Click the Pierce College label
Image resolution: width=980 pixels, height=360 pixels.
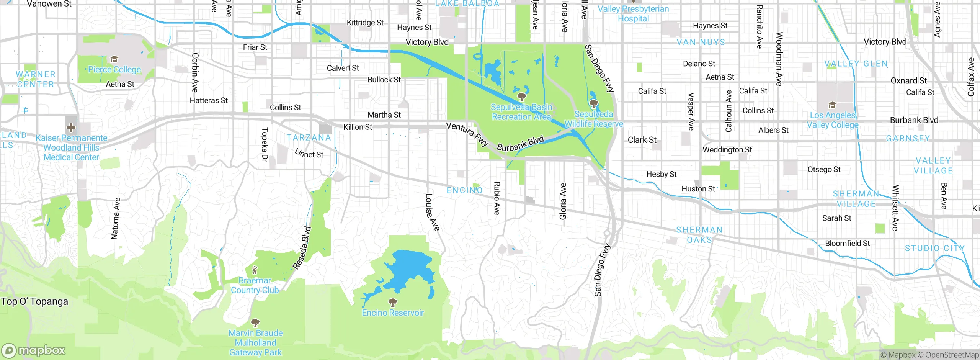(114, 69)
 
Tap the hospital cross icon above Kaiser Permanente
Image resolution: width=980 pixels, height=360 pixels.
(71, 127)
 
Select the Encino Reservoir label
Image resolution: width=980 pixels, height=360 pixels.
(393, 313)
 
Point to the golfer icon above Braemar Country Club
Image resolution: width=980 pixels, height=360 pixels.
(255, 270)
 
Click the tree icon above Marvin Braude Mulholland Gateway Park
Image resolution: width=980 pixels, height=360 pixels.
(255, 322)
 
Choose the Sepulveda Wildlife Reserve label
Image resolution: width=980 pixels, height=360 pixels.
(594, 119)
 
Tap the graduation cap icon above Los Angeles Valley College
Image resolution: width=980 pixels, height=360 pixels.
(832, 105)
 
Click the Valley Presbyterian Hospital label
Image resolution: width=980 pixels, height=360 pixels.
(633, 14)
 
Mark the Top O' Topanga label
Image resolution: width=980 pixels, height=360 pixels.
(34, 302)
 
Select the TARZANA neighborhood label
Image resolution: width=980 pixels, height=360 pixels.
(309, 137)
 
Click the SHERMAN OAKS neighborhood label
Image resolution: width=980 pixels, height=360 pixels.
(699, 235)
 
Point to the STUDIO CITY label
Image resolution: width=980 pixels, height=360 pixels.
(934, 248)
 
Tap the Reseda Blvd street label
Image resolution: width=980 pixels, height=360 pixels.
(302, 248)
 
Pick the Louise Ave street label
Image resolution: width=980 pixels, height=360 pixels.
(432, 212)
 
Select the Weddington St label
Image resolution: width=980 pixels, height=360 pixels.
(727, 150)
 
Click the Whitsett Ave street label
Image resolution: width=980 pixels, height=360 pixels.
(895, 208)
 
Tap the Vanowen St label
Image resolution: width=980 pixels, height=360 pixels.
(49, 4)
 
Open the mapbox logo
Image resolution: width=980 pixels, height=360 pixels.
(34, 350)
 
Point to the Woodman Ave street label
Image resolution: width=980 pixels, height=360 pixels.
(779, 59)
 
